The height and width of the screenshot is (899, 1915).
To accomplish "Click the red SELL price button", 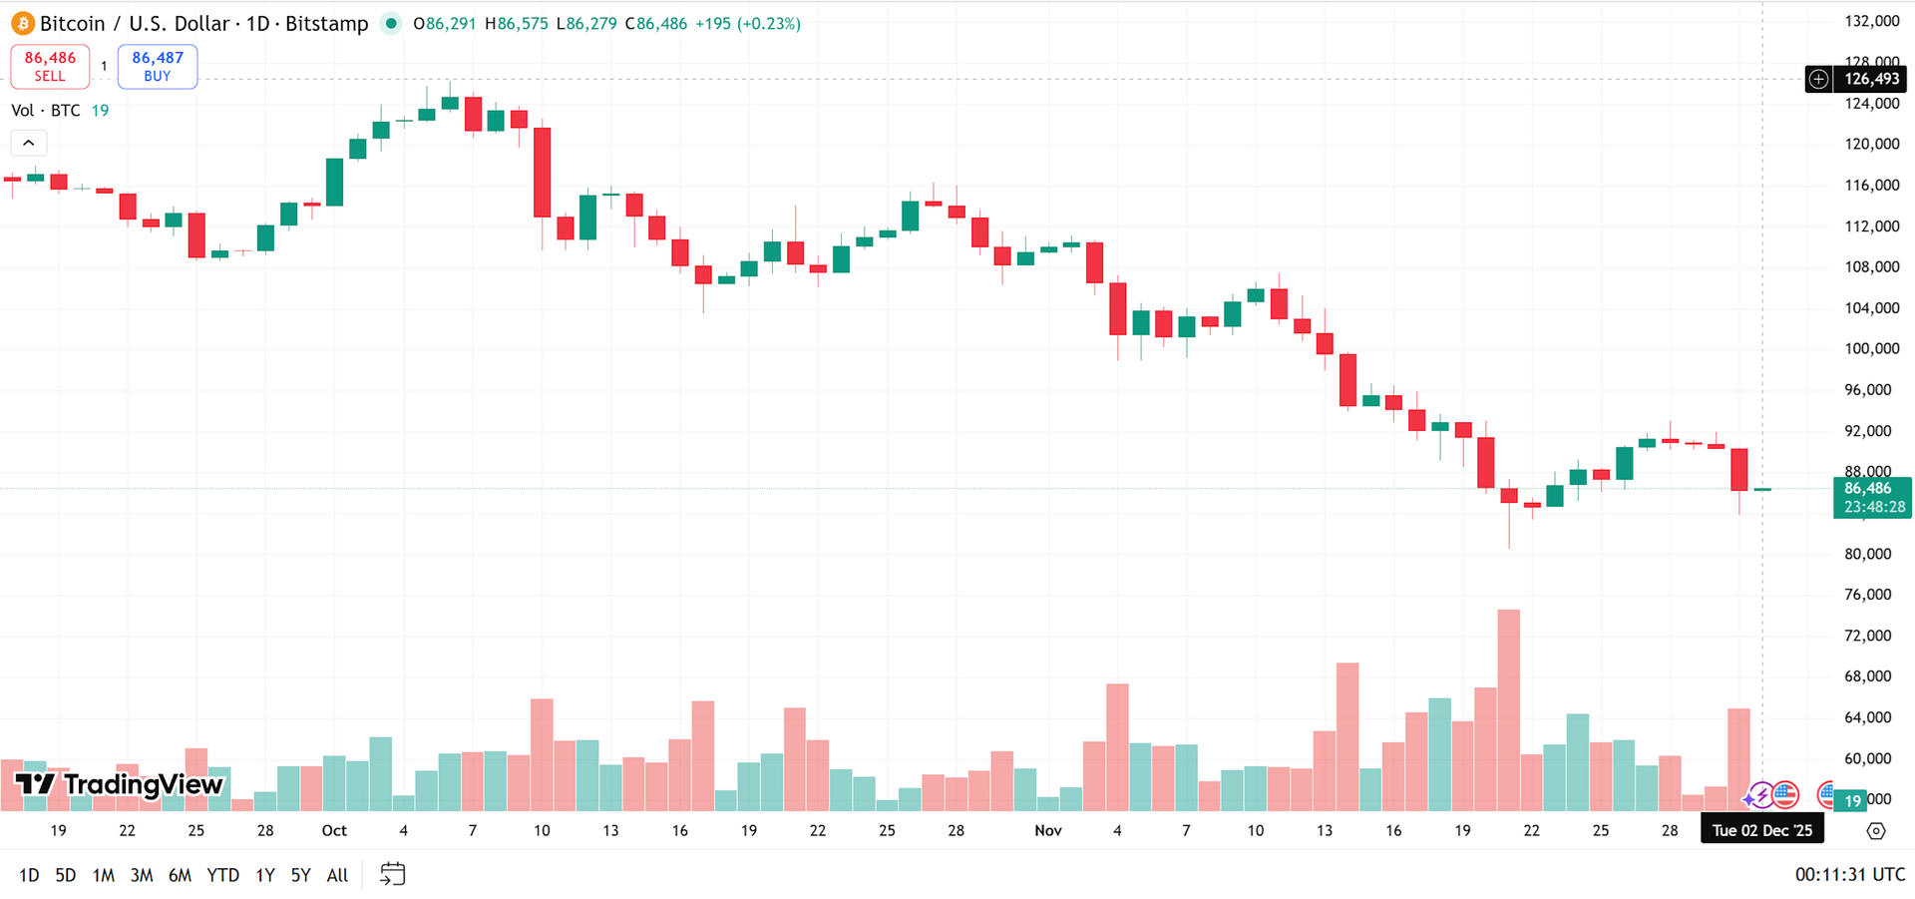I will pos(50,66).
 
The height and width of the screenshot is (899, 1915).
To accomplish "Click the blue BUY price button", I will pos(158,66).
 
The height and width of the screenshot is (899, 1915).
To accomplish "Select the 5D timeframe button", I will pos(65,875).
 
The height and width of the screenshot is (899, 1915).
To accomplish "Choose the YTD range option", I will pos(222,875).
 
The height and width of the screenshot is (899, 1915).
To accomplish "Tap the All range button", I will pos(337,875).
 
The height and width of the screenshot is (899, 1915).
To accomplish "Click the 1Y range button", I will pos(264,875).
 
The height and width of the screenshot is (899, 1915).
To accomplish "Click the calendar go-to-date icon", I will pos(393,875).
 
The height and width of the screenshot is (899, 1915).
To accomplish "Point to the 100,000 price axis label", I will pos(1871,348).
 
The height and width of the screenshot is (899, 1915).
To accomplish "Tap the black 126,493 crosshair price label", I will pos(1871,79).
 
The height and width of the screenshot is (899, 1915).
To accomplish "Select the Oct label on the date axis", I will pos(334,830).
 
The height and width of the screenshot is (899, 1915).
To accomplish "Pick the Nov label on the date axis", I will pos(1048,830).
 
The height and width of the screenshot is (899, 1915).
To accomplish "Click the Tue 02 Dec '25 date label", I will pos(1761,830).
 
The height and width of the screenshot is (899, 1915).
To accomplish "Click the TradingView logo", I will pos(120,784).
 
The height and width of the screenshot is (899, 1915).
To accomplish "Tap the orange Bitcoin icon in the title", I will pos(23,23).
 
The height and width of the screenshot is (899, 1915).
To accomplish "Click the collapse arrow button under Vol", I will pos(29,143).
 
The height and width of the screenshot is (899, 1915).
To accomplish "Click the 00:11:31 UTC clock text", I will pos(1849,874).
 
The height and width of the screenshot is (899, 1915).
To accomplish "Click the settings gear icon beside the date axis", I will pos(1875,830).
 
